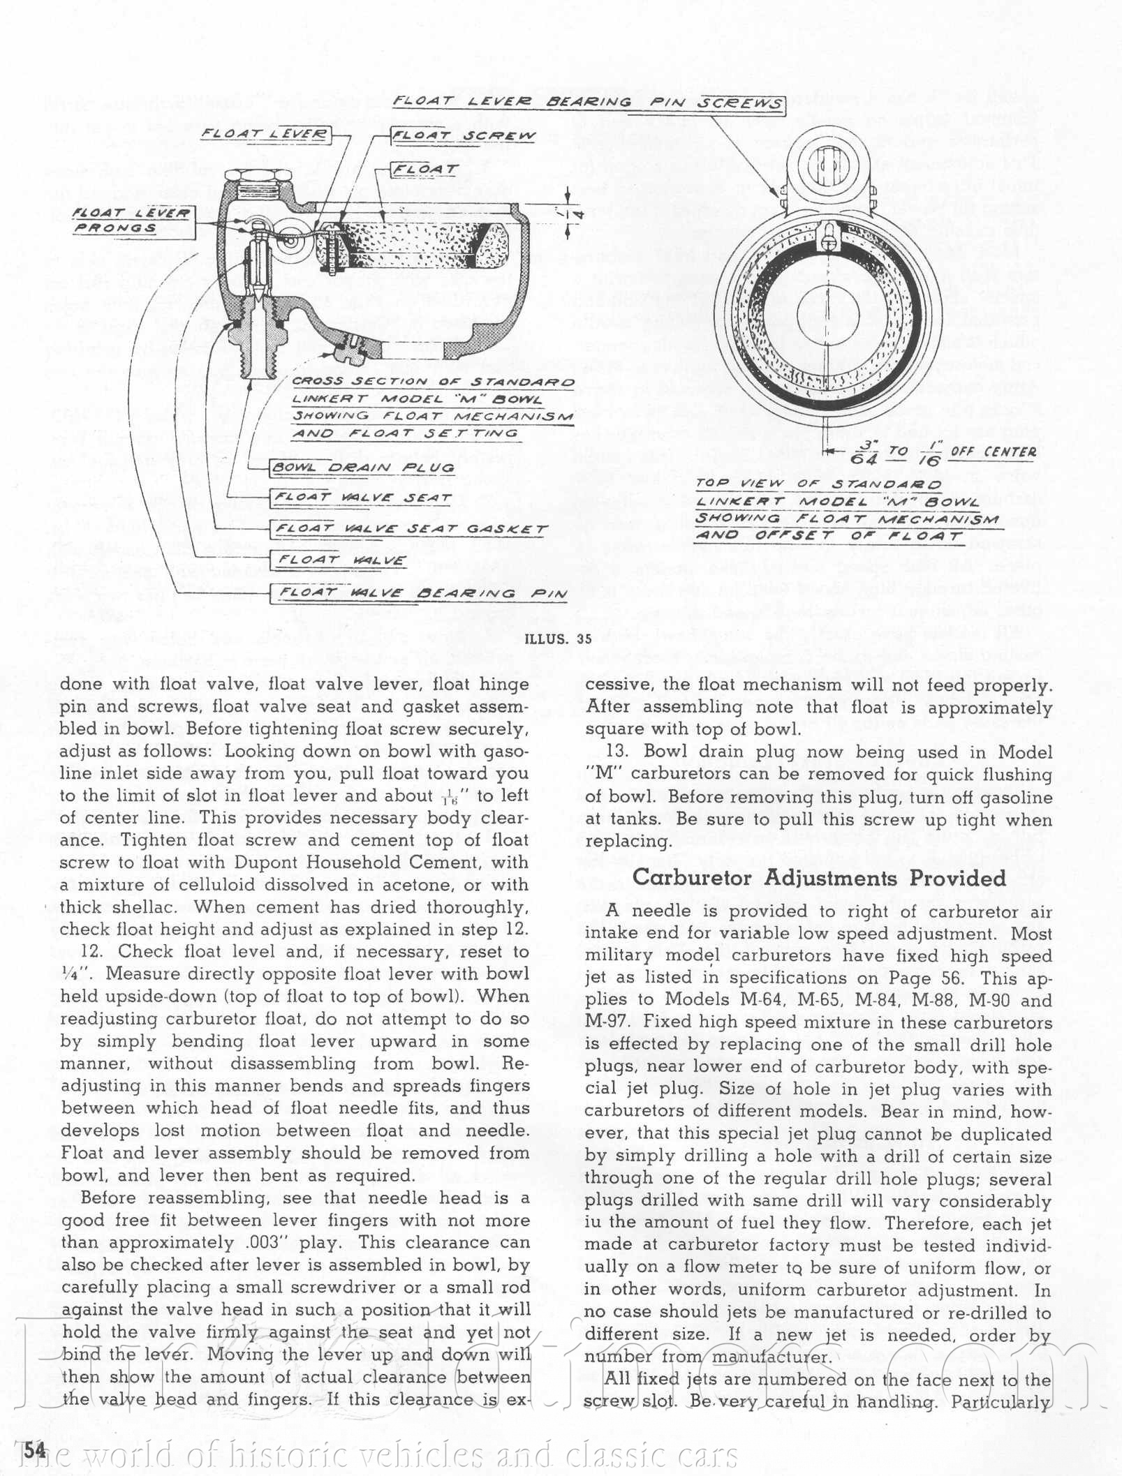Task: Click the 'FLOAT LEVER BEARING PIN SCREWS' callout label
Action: tap(588, 103)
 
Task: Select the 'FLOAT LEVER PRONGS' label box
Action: tap(132, 221)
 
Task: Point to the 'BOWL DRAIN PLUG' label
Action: tap(363, 468)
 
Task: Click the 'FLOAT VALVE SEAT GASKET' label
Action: tap(410, 529)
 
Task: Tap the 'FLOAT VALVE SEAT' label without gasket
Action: tap(363, 498)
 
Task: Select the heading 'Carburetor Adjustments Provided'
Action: tap(819, 878)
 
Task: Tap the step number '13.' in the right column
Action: tap(621, 752)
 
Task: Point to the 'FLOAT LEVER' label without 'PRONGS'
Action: tap(265, 134)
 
